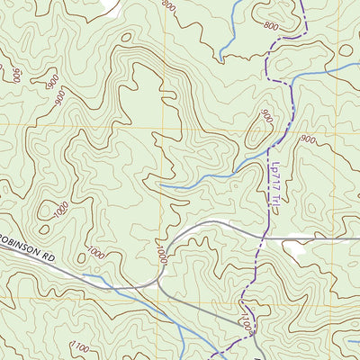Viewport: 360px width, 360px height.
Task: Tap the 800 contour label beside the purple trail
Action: coord(270,26)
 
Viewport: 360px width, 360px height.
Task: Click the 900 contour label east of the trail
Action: coord(308,139)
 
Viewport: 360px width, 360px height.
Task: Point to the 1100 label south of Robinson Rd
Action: coord(81,348)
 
